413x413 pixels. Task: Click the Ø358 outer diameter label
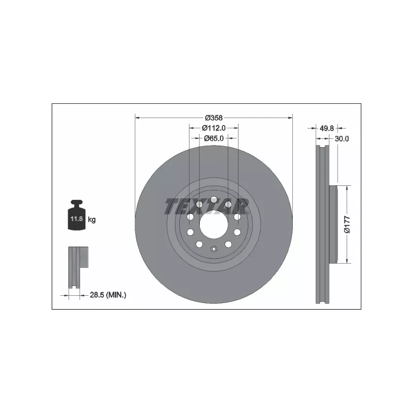214,118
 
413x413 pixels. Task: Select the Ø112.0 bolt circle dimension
214,128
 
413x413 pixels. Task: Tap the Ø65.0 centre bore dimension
214,138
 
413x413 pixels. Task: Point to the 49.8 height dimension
327,128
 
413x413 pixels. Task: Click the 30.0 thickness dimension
342,138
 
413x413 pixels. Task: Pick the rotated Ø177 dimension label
347,225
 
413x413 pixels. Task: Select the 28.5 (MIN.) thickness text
108,295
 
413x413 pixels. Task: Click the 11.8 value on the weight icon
76,218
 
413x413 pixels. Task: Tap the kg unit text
92,219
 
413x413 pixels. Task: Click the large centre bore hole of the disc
214,225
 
